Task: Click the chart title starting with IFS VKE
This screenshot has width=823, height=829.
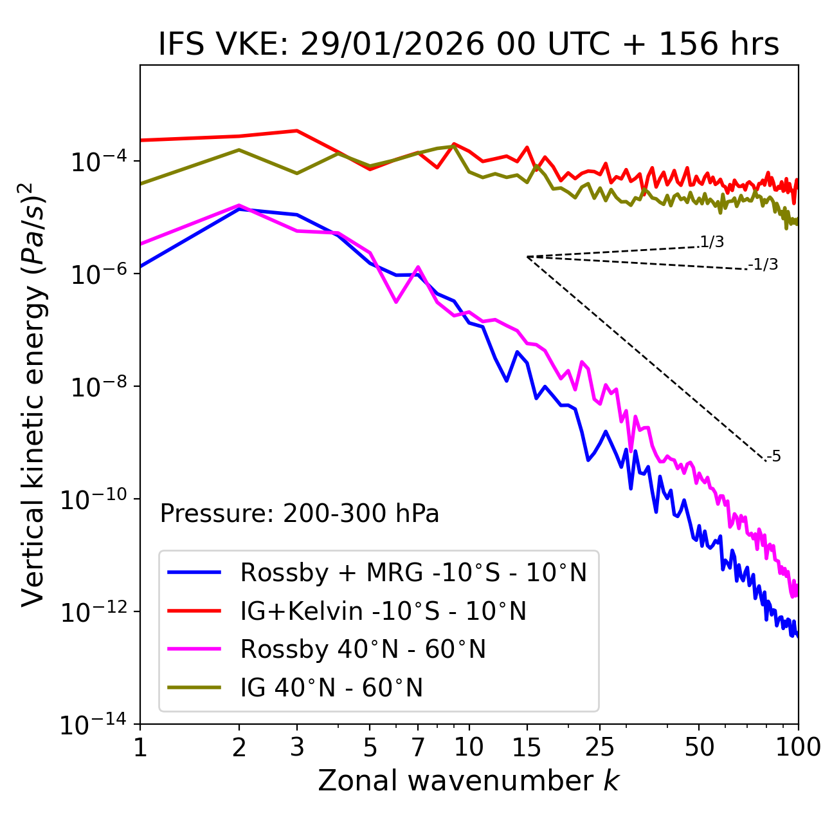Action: pyautogui.click(x=469, y=44)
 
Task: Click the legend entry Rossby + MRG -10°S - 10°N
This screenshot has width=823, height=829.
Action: pyautogui.click(x=413, y=572)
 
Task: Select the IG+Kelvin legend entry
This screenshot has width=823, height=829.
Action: pyautogui.click(x=383, y=611)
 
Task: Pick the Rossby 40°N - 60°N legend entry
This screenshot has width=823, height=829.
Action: pyautogui.click(x=363, y=649)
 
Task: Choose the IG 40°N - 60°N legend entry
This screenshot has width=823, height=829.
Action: pyautogui.click(x=331, y=688)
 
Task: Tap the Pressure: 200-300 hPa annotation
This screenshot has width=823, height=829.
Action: pyautogui.click(x=300, y=514)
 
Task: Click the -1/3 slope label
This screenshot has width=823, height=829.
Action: pyautogui.click(x=764, y=265)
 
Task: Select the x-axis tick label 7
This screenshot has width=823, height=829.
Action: pyautogui.click(x=418, y=747)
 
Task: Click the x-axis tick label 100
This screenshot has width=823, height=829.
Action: pyautogui.click(x=798, y=747)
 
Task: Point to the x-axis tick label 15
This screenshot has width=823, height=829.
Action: pyautogui.click(x=527, y=747)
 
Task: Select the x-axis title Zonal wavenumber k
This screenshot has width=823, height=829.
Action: pyautogui.click(x=469, y=781)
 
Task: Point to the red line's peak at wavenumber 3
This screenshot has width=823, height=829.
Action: pyautogui.click(x=296, y=131)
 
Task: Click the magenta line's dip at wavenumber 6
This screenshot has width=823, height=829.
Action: pyautogui.click(x=396, y=302)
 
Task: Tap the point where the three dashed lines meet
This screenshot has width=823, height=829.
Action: pyautogui.click(x=527, y=257)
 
